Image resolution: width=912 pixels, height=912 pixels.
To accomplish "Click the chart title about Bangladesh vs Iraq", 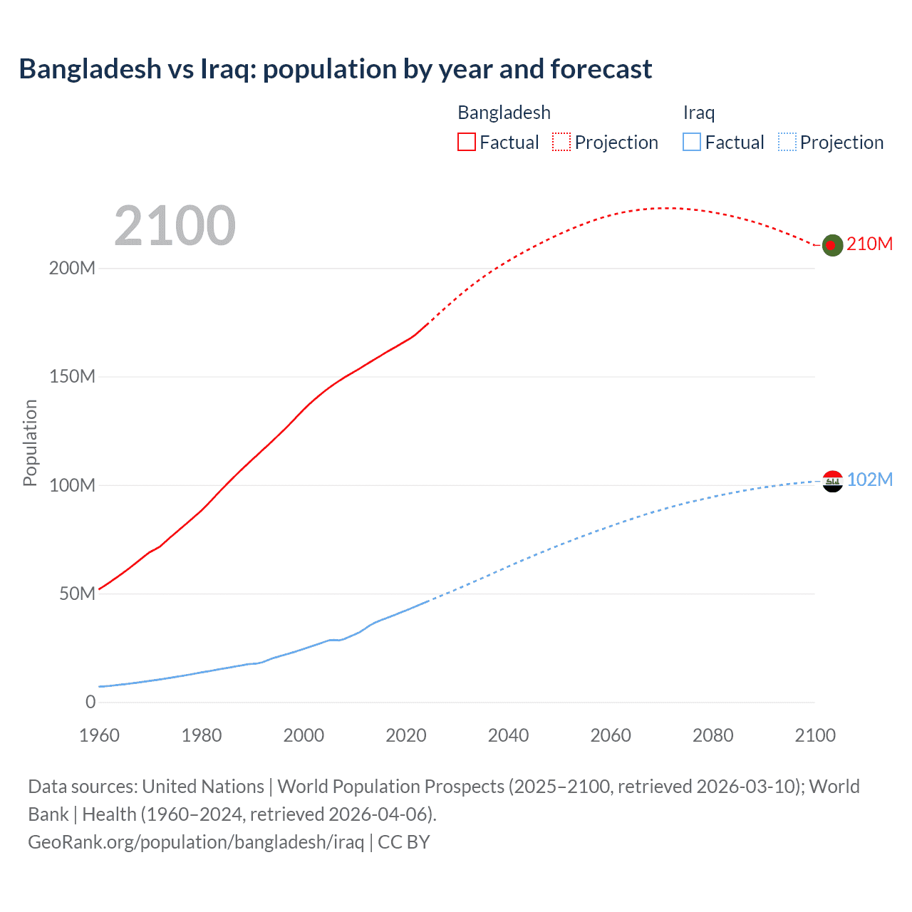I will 335,69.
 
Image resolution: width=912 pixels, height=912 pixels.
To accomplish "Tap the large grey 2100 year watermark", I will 175,225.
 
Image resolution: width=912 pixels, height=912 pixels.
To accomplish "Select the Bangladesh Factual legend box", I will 467,142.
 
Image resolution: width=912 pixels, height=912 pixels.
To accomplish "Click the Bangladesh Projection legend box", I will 561,142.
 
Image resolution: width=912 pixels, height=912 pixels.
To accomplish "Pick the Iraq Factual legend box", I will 692,142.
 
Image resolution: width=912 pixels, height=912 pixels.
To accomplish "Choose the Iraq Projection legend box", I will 787,142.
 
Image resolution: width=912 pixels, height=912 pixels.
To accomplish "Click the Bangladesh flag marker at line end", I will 832,245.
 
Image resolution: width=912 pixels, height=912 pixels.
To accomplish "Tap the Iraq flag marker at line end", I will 832,481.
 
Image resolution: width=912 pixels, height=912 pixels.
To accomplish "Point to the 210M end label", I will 869,244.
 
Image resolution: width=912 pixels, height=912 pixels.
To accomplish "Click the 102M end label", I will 869,480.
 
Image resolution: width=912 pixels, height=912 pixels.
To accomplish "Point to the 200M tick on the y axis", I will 72,269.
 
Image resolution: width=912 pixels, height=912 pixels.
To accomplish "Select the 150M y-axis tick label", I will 72,377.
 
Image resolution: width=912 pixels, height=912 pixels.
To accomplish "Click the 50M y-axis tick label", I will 77,594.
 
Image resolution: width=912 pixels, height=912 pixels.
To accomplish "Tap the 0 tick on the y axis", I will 90,703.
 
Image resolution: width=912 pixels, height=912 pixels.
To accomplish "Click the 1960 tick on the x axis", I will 99,735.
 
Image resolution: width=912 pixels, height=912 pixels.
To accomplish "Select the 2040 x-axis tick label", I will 508,735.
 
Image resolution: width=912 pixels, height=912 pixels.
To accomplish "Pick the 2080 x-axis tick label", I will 712,735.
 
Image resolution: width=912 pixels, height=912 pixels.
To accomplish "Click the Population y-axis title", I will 30,442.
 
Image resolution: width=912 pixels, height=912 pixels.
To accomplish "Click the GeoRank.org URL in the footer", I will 196,842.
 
